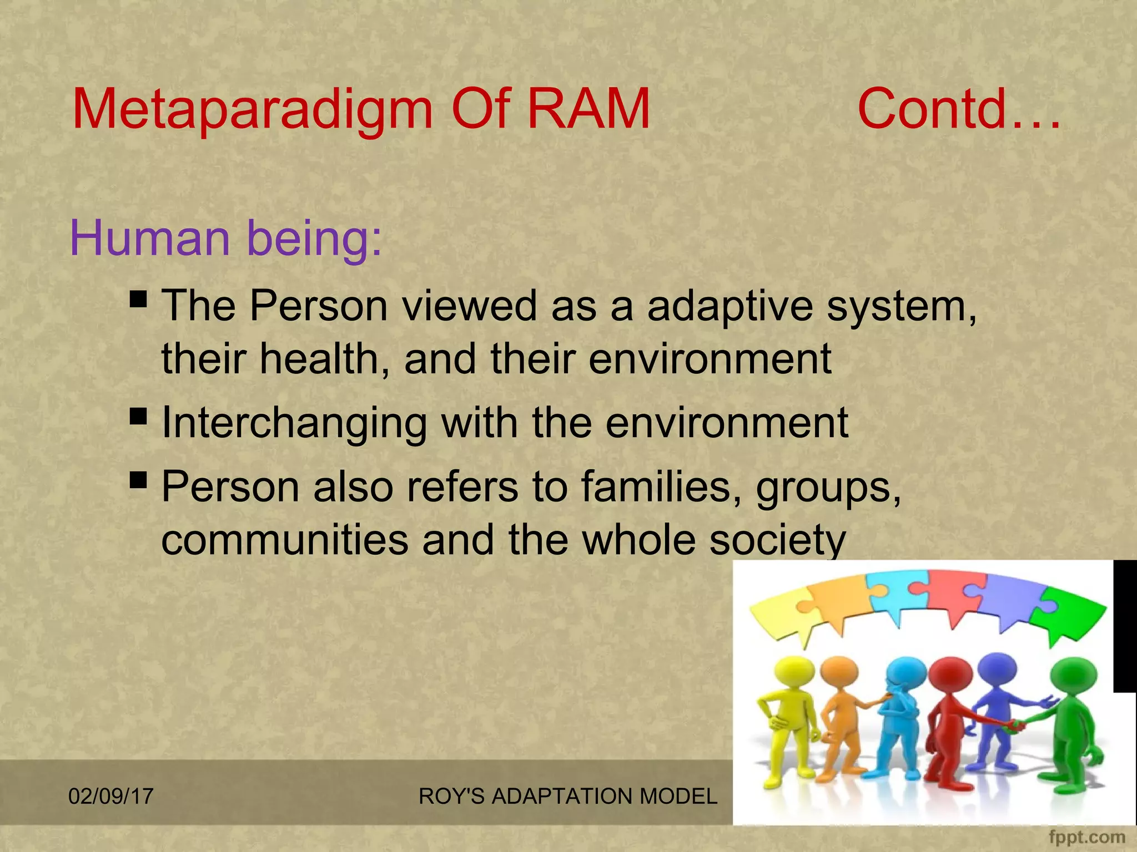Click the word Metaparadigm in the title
click(x=253, y=110)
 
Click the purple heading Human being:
click(x=226, y=239)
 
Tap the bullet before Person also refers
click(x=138, y=480)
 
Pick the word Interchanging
click(x=294, y=424)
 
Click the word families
click(x=661, y=487)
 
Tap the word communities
click(x=284, y=540)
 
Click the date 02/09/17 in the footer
click(x=110, y=797)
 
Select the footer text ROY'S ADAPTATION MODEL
click(x=567, y=797)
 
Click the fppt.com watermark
click(x=1086, y=837)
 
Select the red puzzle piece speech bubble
click(x=956, y=597)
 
